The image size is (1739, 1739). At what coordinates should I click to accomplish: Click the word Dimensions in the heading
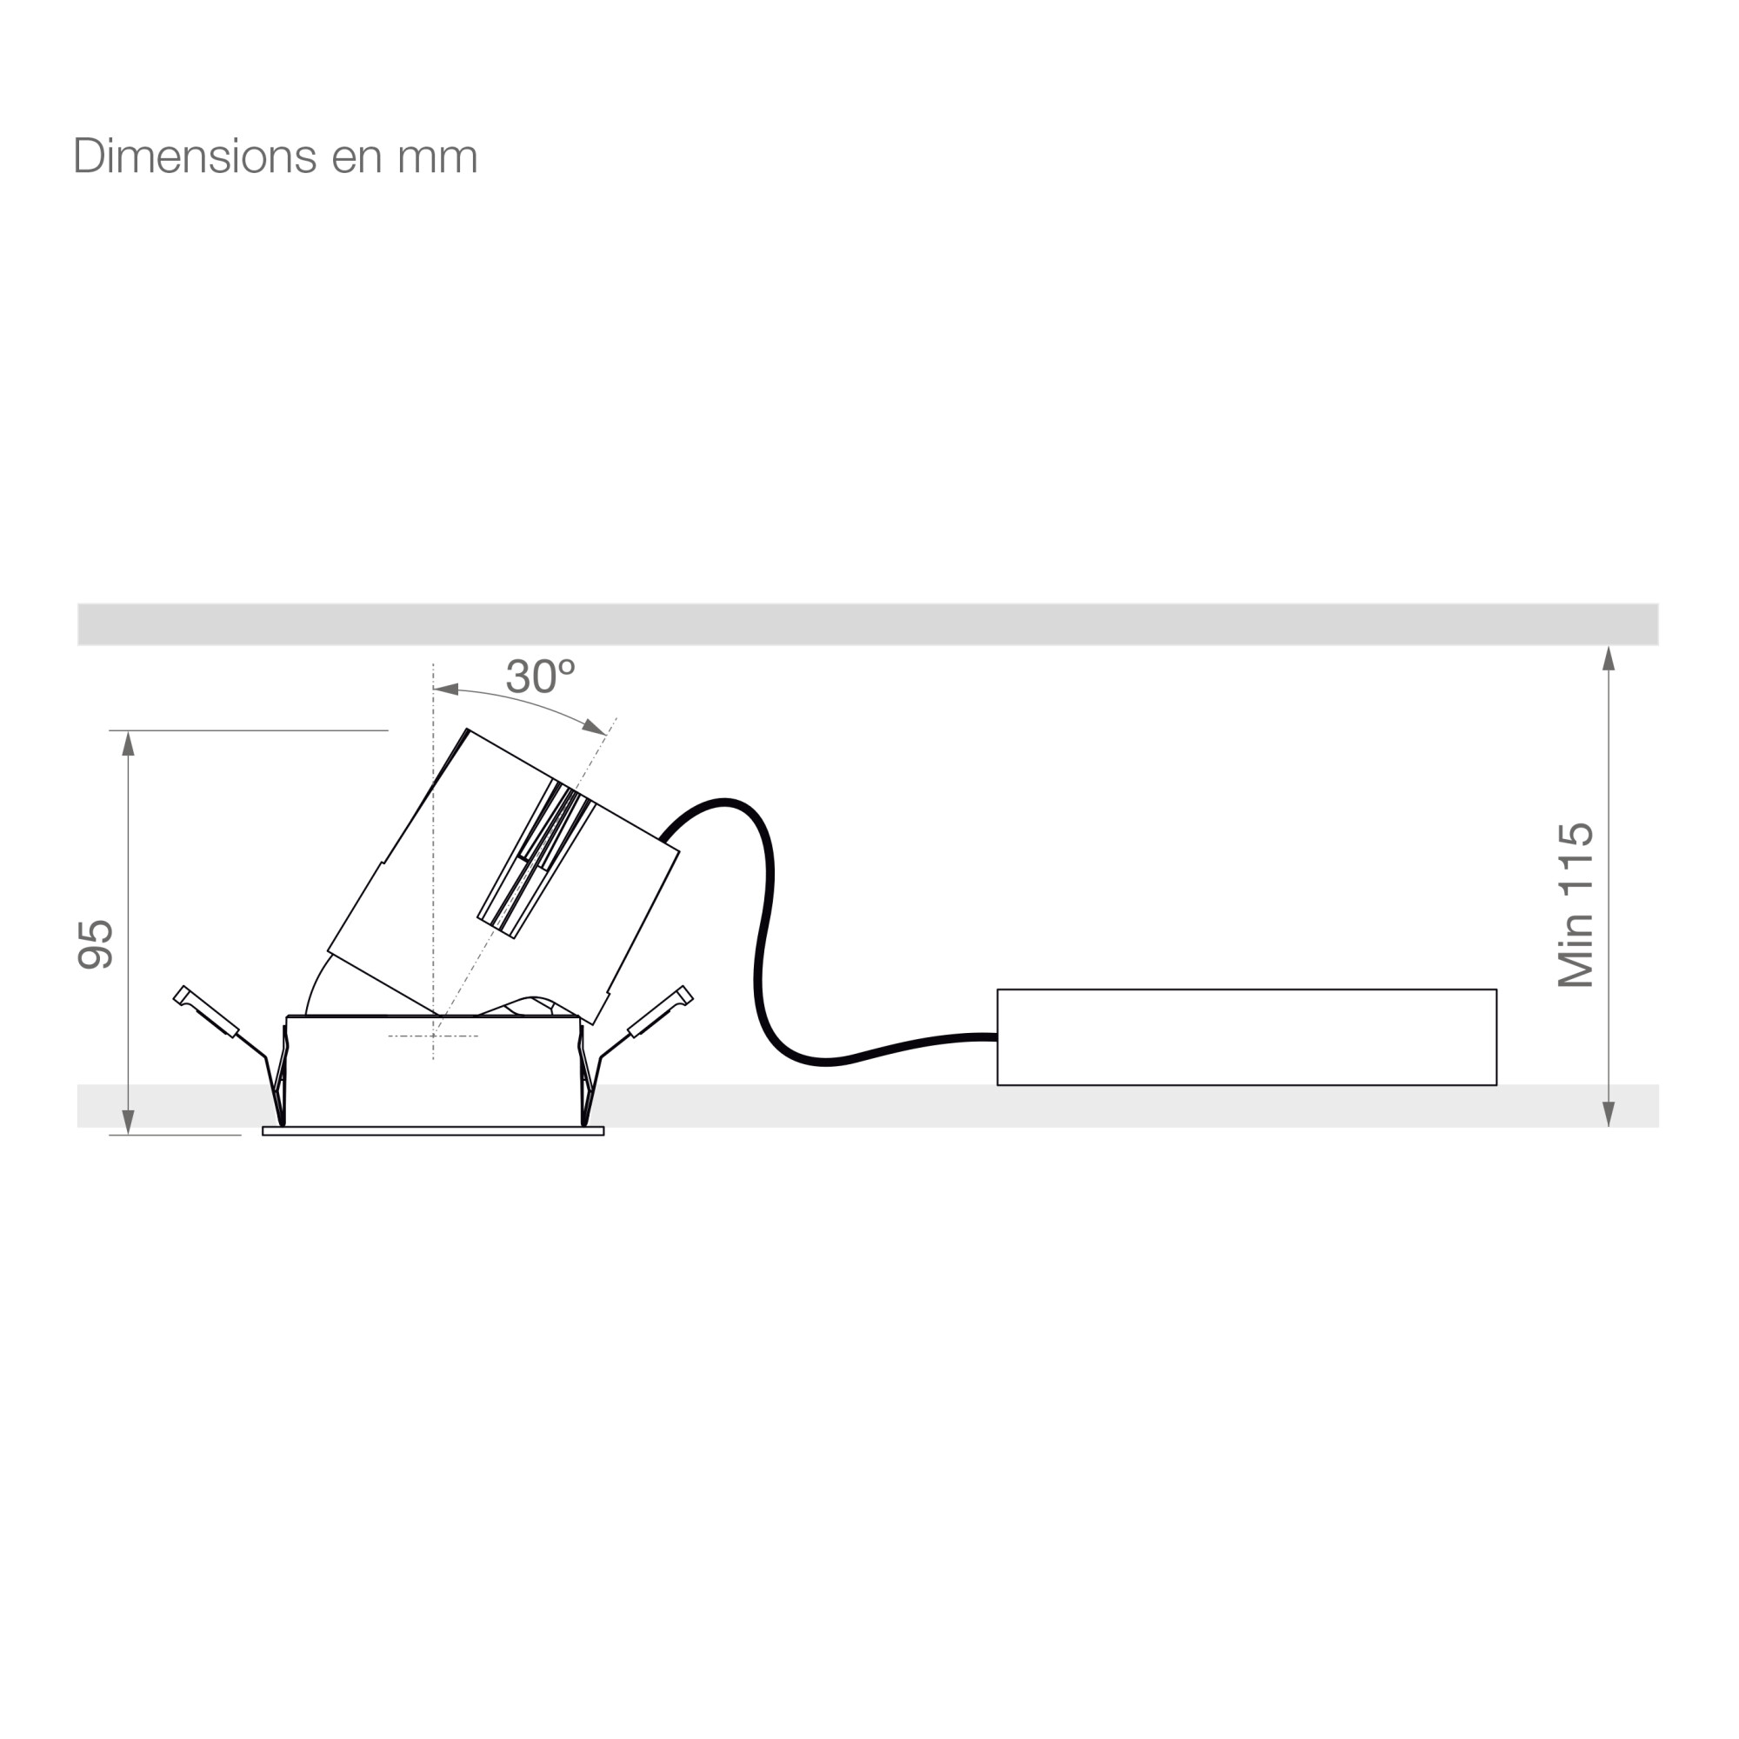tap(195, 157)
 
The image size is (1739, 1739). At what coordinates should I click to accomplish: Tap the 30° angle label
tap(540, 676)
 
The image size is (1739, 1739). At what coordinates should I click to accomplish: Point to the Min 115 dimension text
tap(1576, 904)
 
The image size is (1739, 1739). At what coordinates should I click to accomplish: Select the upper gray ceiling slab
tap(868, 624)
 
